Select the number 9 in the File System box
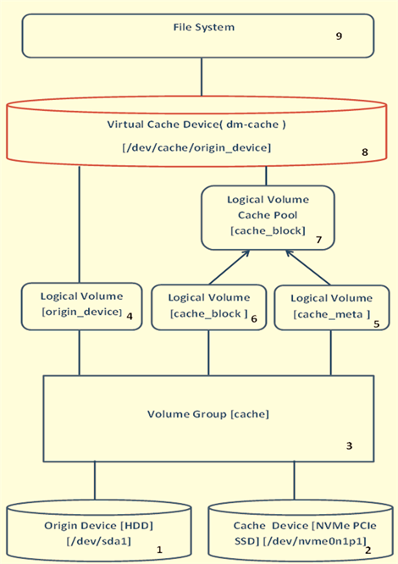pos(338,37)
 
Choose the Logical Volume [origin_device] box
pos(80,306)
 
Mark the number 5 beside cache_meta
pos(375,323)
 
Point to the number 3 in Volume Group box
pos(348,445)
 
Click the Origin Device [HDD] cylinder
pos(94,533)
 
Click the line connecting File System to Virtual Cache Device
pos(202,77)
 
